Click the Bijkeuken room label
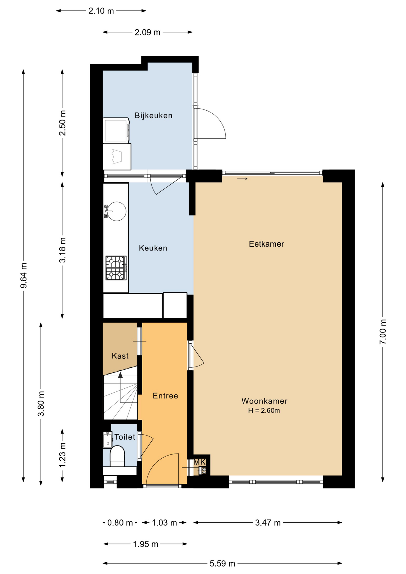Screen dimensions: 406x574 [153, 116]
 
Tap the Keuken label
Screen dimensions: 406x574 [153, 248]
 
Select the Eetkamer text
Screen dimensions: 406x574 [266, 244]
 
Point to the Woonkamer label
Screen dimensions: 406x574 [265, 401]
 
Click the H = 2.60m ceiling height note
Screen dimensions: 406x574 [264, 410]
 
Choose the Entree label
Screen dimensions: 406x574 [165, 396]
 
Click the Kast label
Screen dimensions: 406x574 [120, 356]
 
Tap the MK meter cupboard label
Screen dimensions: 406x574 [199, 462]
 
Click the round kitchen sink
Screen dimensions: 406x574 [116, 211]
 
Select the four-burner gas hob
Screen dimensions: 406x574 [116, 268]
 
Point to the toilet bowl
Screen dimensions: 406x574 [117, 456]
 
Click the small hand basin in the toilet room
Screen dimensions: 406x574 [107, 440]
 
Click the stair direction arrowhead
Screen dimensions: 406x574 [120, 375]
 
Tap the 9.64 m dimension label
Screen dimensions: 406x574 [24, 276]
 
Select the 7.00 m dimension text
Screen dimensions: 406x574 [383, 332]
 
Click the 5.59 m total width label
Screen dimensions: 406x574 [222, 564]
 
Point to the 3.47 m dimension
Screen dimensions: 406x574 [268, 523]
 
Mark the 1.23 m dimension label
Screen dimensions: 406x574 [62, 455]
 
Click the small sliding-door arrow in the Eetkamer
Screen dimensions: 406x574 [242, 179]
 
